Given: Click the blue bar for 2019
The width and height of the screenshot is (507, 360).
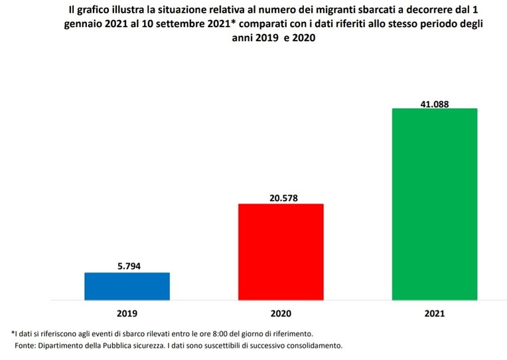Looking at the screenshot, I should click(x=127, y=286).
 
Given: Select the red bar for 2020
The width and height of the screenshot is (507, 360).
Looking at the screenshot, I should click(x=281, y=252).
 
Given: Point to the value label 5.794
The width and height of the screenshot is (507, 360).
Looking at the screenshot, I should click(x=127, y=267).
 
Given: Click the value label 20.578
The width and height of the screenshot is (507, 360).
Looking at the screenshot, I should click(x=281, y=197).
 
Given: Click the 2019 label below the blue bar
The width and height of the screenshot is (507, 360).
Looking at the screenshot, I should click(x=127, y=312).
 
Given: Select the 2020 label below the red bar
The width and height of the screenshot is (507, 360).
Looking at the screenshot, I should click(x=281, y=312).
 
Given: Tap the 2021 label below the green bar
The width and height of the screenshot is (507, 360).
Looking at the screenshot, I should click(x=435, y=312).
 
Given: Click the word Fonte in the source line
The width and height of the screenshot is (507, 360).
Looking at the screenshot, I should click(x=27, y=346).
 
